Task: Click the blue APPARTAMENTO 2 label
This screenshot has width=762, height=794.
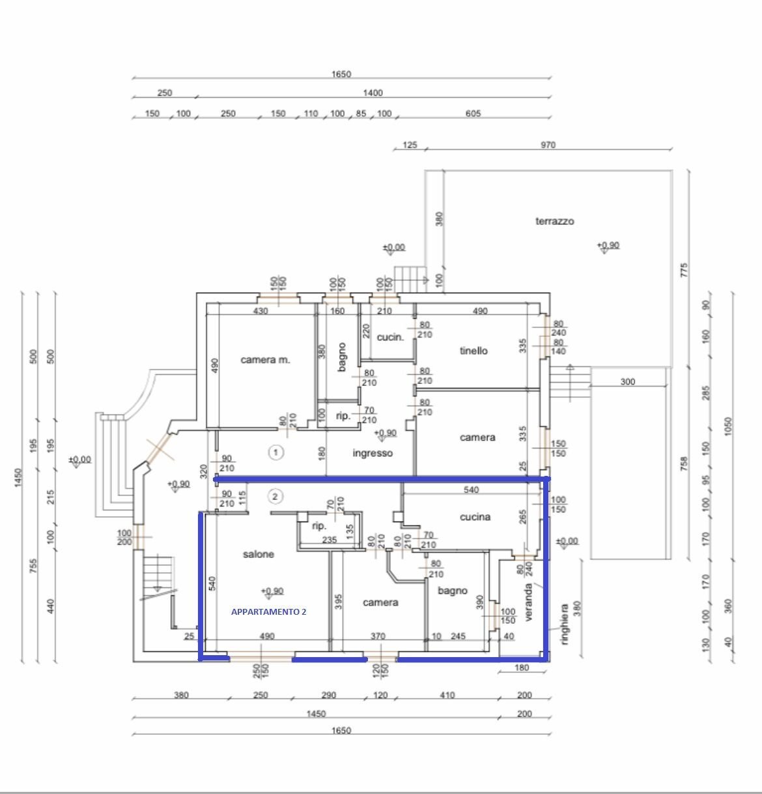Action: pyautogui.click(x=268, y=611)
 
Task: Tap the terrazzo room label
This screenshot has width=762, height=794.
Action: pyautogui.click(x=554, y=221)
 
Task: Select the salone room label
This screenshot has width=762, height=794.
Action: pyautogui.click(x=259, y=554)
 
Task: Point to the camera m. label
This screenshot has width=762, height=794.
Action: pyautogui.click(x=265, y=360)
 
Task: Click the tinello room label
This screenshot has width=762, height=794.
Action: pyautogui.click(x=473, y=351)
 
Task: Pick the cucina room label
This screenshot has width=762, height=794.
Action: pyautogui.click(x=475, y=517)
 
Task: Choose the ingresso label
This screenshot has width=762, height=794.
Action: pyautogui.click(x=373, y=453)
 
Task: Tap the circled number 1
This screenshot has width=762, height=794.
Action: pyautogui.click(x=276, y=452)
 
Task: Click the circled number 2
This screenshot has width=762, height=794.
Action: pyautogui.click(x=275, y=497)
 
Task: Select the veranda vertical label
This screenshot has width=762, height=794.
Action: pyautogui.click(x=528, y=602)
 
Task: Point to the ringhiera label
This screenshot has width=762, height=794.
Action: pyautogui.click(x=565, y=625)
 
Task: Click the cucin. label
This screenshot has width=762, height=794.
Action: pyautogui.click(x=390, y=338)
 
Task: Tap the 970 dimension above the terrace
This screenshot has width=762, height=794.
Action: pyautogui.click(x=548, y=145)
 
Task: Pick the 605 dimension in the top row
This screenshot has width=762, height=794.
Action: pyautogui.click(x=473, y=113)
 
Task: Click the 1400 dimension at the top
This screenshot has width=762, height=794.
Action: pyautogui.click(x=373, y=93)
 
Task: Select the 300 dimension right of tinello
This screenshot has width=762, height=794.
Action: pyautogui.click(x=627, y=381)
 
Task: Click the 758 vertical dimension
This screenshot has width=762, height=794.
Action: pyautogui.click(x=684, y=463)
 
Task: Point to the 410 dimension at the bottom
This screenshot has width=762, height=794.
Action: pyautogui.click(x=447, y=695)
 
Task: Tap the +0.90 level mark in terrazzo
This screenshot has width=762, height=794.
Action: pyautogui.click(x=608, y=245)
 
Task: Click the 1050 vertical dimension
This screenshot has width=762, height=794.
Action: pyautogui.click(x=728, y=426)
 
